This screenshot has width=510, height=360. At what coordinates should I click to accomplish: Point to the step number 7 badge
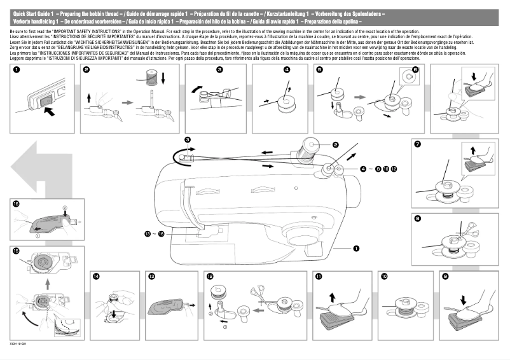(x=417, y=144)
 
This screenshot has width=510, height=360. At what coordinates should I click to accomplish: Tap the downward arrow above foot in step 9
(x=462, y=298)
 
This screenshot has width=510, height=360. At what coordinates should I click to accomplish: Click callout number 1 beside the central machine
(x=356, y=249)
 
